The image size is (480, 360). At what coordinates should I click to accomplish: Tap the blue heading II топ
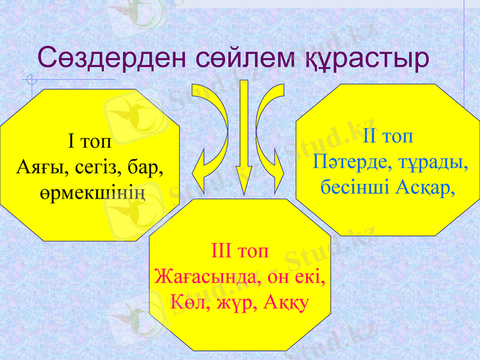point(388,136)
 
